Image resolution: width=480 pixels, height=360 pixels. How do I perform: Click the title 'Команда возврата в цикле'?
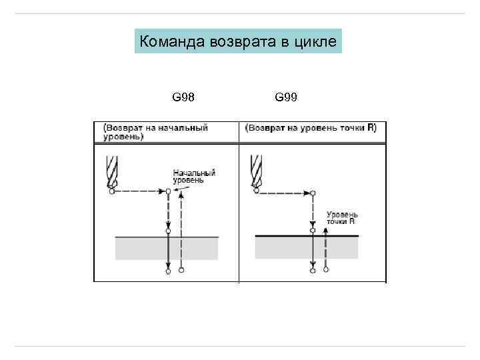238,42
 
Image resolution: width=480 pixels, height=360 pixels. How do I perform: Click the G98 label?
183,98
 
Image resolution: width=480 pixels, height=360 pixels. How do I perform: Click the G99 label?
286,98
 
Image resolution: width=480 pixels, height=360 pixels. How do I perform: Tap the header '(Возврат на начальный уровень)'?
155,132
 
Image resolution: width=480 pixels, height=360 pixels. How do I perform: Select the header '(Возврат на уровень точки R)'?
311,127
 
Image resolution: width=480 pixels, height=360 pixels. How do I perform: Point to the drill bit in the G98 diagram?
111,171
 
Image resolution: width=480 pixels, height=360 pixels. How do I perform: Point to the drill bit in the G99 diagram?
255,171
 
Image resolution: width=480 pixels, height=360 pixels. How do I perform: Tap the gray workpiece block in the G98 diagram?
167,248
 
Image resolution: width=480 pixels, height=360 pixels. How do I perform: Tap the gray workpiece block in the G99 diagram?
307,247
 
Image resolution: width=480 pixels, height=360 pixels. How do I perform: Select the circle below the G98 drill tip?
111,191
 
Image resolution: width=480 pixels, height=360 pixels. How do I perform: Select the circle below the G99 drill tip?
256,192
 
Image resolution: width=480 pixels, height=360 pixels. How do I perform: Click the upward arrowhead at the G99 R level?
325,229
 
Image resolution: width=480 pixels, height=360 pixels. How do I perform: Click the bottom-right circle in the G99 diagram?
325,270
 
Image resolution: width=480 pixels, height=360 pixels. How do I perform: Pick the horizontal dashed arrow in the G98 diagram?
140,191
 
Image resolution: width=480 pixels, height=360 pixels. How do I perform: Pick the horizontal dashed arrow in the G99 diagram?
284,192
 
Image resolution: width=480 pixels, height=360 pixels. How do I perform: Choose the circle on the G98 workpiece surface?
168,231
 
